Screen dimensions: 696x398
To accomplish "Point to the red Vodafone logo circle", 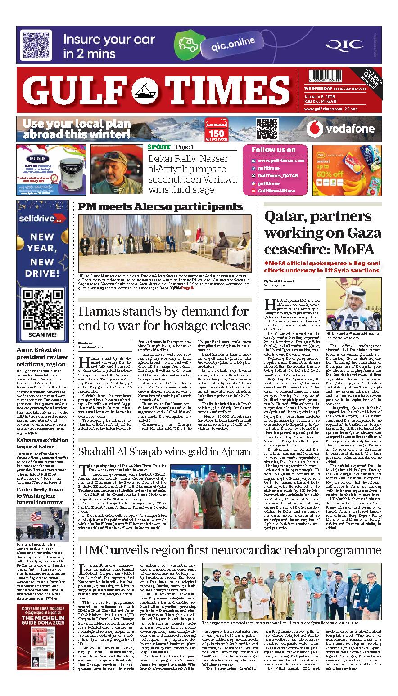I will tap(315, 129).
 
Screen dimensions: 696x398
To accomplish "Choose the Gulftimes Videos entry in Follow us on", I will tap(276, 191).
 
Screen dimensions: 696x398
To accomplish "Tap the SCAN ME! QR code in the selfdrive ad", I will tap(42, 311).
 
